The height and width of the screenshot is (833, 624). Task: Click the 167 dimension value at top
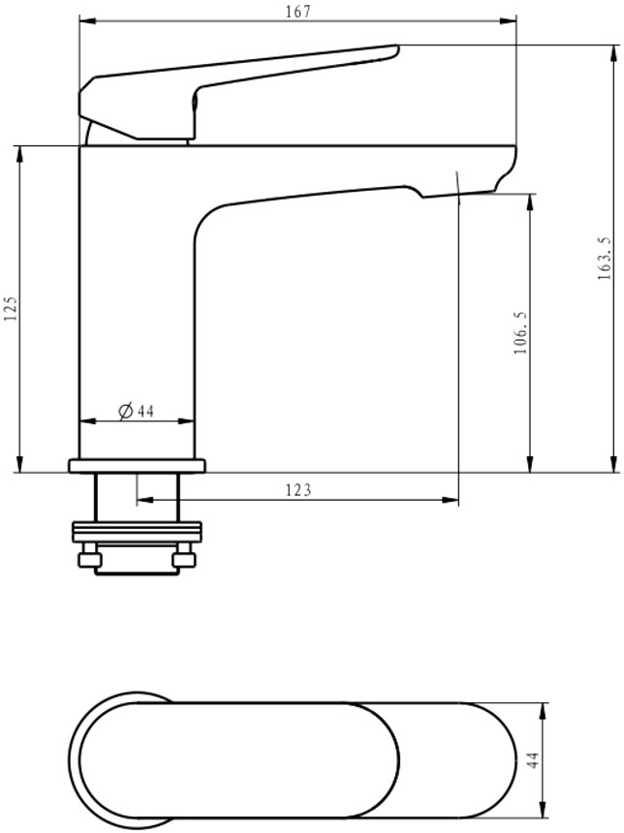click(297, 12)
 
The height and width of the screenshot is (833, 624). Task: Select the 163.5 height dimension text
click(605, 259)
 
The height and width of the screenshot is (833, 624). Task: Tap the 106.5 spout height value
click(520, 333)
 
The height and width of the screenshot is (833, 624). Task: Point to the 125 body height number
click(11, 308)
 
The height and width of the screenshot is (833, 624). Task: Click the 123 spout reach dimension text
click(298, 489)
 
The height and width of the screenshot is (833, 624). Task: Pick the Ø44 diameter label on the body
click(136, 411)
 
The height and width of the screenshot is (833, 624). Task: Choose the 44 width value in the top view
click(533, 759)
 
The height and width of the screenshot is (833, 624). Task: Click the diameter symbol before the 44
click(125, 412)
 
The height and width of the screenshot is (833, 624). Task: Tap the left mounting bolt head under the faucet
click(90, 560)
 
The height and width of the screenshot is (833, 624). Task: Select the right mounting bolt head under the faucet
click(184, 560)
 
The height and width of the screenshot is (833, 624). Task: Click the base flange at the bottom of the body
click(138, 466)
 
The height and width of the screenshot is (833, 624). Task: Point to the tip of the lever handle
click(396, 49)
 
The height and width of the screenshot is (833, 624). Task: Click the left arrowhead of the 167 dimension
click(86, 20)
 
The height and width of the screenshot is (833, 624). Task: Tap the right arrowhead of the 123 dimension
click(451, 500)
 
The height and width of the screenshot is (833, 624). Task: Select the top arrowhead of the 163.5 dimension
click(615, 52)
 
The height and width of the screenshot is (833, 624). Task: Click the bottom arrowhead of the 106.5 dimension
click(530, 464)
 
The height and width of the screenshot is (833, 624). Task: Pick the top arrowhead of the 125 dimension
click(20, 153)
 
